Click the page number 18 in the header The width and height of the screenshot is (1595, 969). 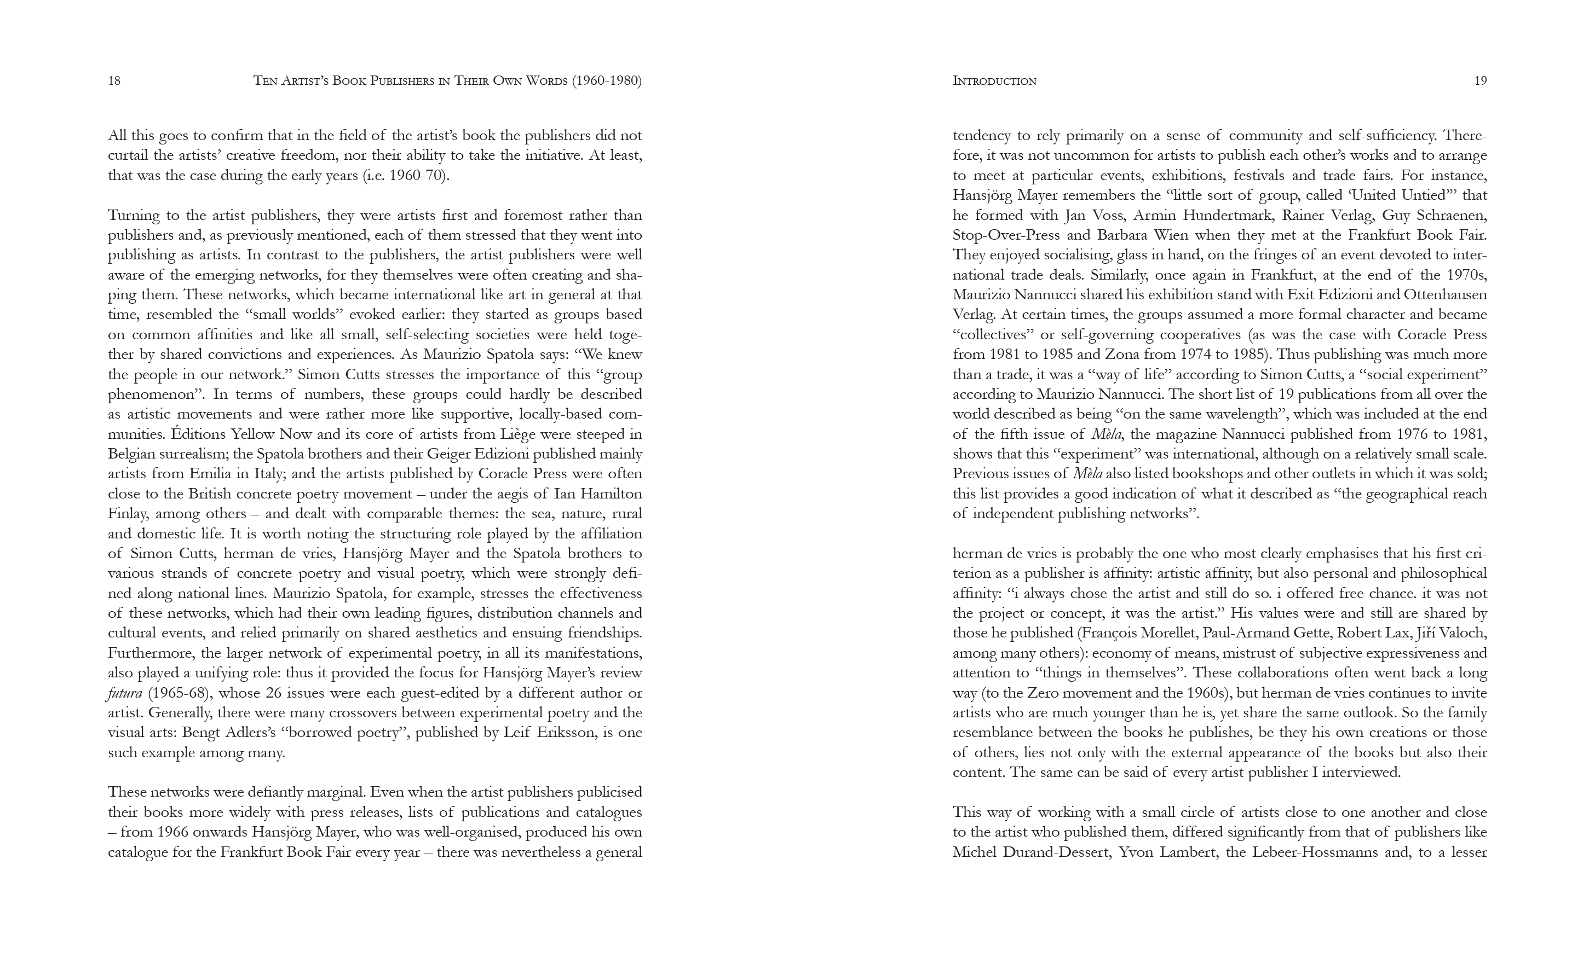pyautogui.click(x=114, y=81)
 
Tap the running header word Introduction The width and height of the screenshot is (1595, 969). pyautogui.click(x=994, y=81)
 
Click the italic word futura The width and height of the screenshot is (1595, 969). pyautogui.click(x=125, y=693)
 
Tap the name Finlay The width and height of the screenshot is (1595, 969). pyautogui.click(x=128, y=514)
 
